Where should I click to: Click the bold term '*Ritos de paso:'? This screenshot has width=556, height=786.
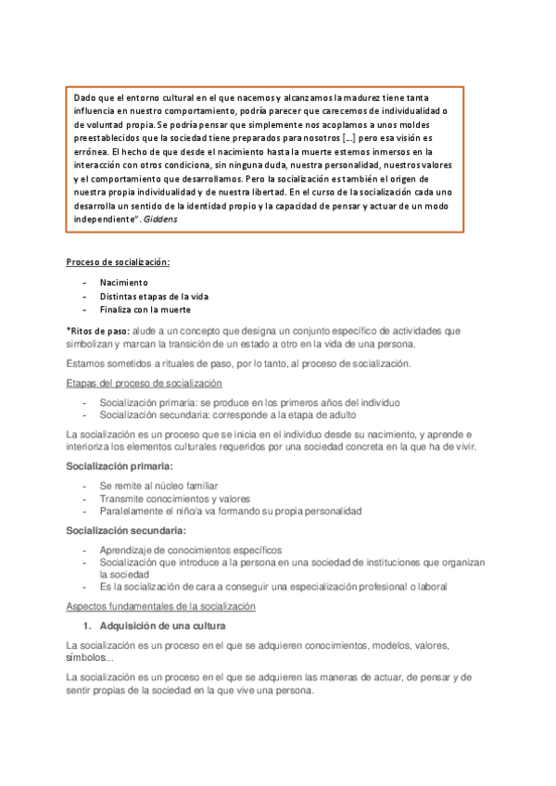96,330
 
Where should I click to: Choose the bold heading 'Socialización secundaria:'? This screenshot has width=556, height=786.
125,530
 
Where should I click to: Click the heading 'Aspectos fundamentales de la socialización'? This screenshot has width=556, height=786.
160,606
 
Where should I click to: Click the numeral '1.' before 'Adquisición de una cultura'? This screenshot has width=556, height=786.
85,626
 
